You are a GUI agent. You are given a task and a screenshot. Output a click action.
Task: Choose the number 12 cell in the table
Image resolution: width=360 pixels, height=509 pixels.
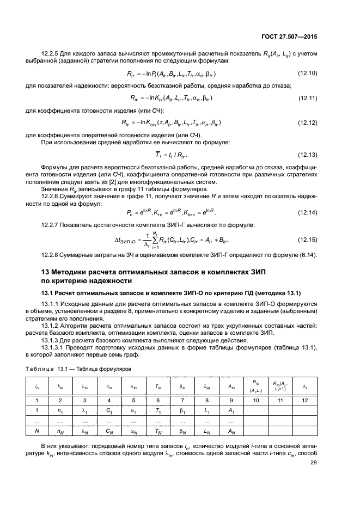tap(305, 400)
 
